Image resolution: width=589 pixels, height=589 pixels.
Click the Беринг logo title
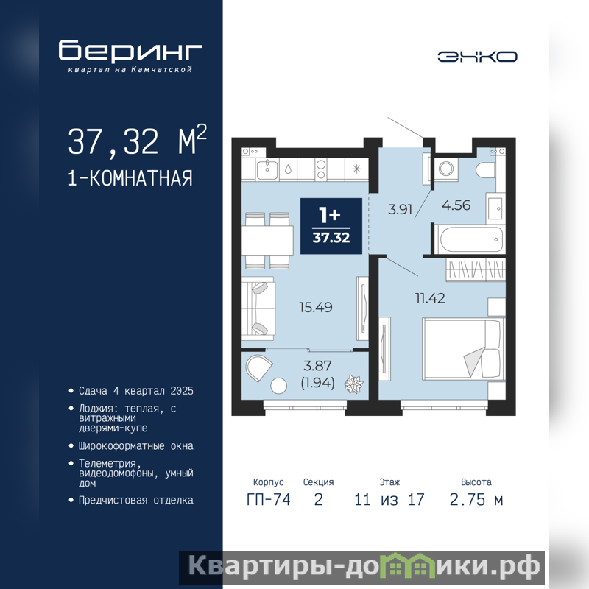(x=130, y=50)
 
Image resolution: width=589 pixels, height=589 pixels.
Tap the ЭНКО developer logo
(x=477, y=57)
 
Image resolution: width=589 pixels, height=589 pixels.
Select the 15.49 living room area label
(x=316, y=307)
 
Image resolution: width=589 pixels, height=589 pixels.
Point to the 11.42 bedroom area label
(x=430, y=298)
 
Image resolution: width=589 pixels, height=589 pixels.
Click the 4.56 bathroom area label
(x=456, y=205)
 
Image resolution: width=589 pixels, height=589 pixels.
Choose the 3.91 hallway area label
(x=400, y=209)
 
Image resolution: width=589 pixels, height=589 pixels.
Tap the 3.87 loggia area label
(x=317, y=365)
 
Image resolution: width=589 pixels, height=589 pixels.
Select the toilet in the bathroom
(x=485, y=170)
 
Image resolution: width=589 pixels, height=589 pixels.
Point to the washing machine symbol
(x=446, y=169)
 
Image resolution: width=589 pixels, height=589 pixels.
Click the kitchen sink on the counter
(x=267, y=169)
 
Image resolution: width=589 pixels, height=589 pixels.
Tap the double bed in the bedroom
(x=463, y=349)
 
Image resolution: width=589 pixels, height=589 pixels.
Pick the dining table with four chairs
(x=267, y=241)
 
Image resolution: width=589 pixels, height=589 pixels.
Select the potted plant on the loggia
(x=353, y=384)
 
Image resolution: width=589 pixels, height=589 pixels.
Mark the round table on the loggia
(x=279, y=386)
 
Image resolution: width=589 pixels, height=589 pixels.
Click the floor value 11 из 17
(x=389, y=500)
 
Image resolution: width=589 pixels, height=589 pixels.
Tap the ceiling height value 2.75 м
(x=476, y=500)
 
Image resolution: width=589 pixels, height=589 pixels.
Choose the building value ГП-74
(x=269, y=500)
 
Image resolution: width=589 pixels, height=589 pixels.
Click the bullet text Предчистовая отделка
(x=136, y=501)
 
